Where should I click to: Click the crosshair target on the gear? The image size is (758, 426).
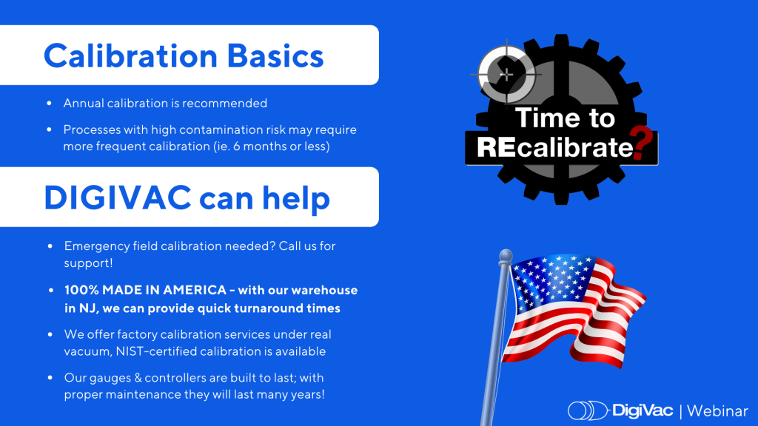click(506, 74)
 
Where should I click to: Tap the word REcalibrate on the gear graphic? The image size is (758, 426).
click(554, 147)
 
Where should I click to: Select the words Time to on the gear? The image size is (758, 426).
click(564, 118)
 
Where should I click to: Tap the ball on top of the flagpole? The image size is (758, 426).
click(505, 256)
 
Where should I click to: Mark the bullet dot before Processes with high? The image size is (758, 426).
click(49, 130)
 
